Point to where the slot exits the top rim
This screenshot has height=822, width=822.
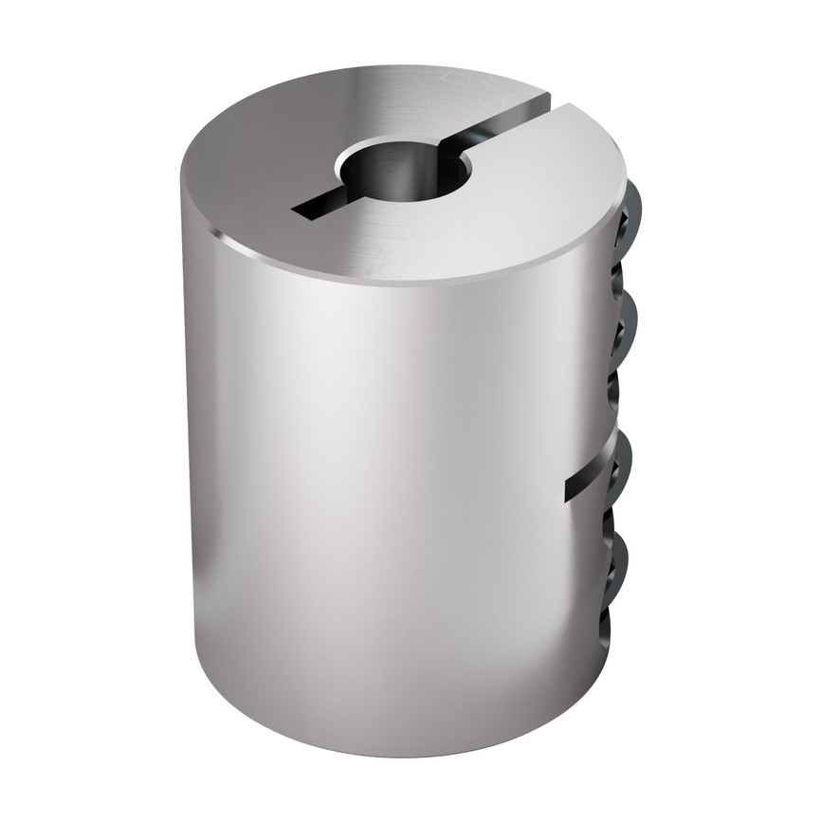(548, 96)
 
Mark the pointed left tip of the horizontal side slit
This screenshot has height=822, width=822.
(568, 493)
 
